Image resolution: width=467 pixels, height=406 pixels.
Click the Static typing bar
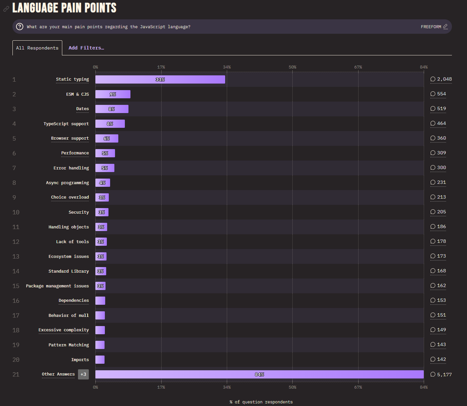[x=160, y=79]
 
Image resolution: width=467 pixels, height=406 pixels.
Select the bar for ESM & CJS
[x=113, y=94]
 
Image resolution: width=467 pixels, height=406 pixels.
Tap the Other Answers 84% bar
[x=259, y=374]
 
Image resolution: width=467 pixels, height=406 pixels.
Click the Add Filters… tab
[x=86, y=48]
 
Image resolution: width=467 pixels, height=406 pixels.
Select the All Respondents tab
[x=37, y=48]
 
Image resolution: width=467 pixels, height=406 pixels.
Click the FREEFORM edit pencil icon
[x=445, y=27]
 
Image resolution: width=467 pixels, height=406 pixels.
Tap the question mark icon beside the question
[x=20, y=27]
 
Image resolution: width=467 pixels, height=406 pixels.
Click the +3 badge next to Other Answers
[x=83, y=374]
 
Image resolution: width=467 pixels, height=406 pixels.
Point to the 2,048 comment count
[x=441, y=79]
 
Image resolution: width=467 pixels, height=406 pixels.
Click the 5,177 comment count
[x=441, y=374]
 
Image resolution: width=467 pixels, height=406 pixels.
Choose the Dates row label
[x=83, y=109]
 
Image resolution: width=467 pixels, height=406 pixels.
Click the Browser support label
[x=70, y=138]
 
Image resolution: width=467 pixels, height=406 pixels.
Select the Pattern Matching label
[x=68, y=345]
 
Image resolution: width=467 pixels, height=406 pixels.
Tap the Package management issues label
[x=57, y=286]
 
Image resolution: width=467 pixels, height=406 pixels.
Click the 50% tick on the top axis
[x=292, y=67]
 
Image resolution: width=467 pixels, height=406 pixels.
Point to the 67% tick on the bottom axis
[x=358, y=387]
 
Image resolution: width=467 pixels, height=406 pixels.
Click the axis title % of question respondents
[x=261, y=402]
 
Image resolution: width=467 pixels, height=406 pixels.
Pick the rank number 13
[x=16, y=256]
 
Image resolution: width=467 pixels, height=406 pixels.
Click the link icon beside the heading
[x=6, y=9]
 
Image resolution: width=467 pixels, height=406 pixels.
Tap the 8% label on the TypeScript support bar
[x=110, y=124]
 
